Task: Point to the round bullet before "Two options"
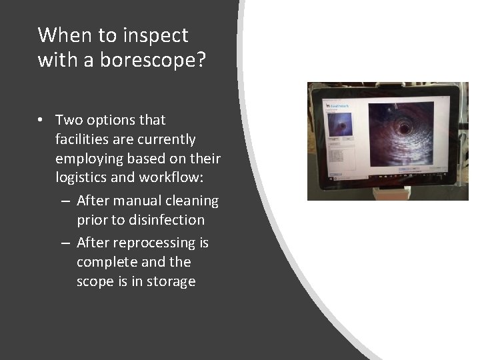tap(42, 121)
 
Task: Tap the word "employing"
tap(88, 159)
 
